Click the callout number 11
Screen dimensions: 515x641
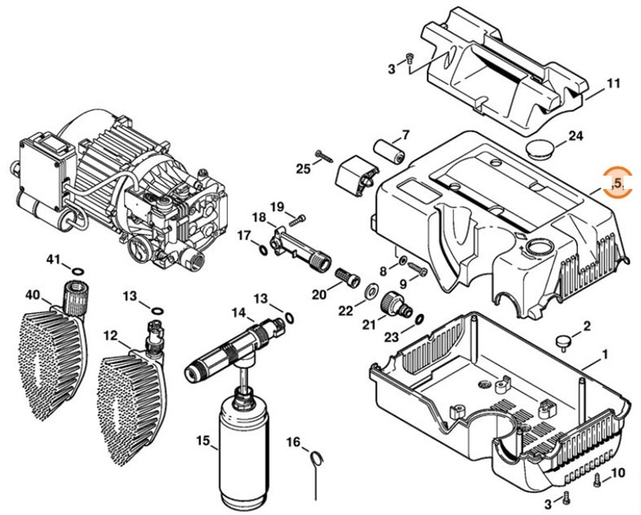point(613,84)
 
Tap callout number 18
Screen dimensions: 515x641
point(259,216)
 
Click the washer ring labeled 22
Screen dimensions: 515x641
point(371,288)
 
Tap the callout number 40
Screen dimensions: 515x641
point(32,295)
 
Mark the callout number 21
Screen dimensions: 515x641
point(369,324)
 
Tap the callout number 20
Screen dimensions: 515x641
point(320,294)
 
